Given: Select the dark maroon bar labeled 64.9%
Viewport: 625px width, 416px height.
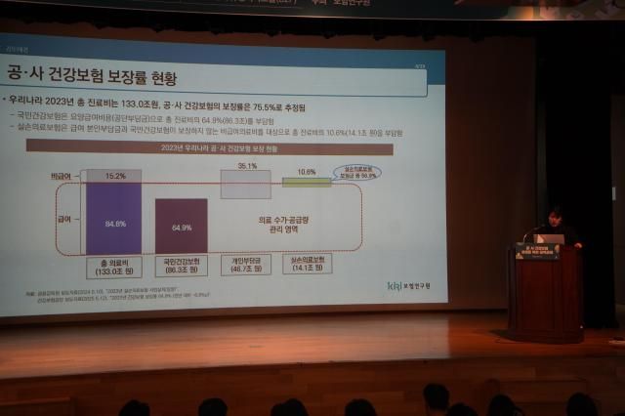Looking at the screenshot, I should (x=182, y=226).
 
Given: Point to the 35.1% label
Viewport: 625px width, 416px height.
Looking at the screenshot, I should (x=246, y=166).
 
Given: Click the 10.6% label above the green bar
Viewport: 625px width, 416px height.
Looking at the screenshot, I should (x=307, y=172).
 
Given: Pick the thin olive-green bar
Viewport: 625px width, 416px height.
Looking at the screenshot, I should (x=307, y=183).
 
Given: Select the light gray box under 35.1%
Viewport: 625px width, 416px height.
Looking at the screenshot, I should (x=246, y=185).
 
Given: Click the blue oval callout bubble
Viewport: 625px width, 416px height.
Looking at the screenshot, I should (x=356, y=172).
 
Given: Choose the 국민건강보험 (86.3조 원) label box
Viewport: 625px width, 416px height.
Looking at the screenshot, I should (x=182, y=265).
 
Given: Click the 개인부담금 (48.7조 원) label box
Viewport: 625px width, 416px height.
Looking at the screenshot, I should (x=245, y=265).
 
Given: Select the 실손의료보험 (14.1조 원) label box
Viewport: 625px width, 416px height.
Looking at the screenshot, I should (x=307, y=264).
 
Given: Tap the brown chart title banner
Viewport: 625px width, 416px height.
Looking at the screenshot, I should (x=210, y=147).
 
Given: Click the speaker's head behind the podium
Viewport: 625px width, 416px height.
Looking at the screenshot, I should (x=555, y=216).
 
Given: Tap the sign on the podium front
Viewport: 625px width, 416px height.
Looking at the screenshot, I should (x=537, y=251).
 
